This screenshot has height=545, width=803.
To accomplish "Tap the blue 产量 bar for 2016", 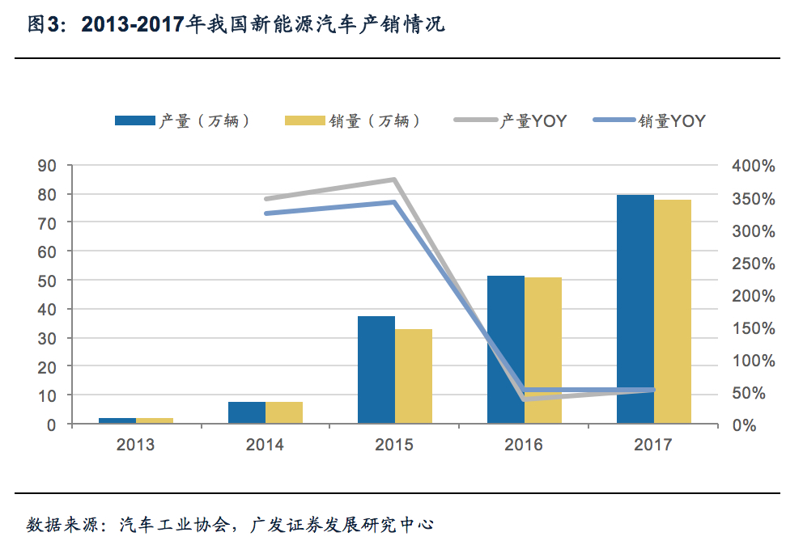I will coord(505,349).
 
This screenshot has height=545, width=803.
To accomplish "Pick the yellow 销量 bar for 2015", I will coord(414,376).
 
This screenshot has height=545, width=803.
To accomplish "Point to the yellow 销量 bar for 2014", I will coord(284,412).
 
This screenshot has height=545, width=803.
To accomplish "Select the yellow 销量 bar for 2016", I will coord(543,350).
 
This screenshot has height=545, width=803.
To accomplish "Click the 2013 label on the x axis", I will coord(135,445).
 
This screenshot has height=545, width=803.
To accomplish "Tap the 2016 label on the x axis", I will coord(524,445).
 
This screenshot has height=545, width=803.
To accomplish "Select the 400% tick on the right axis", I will coord(753,166).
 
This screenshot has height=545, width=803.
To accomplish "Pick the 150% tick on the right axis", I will coord(753,328).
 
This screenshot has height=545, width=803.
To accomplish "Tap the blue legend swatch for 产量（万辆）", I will coord(134,121).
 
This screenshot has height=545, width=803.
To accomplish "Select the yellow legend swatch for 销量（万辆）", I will coord(304,121).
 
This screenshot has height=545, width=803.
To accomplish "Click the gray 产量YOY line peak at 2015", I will coord(394,180).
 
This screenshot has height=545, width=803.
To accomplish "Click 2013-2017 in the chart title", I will coord(134,25).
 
